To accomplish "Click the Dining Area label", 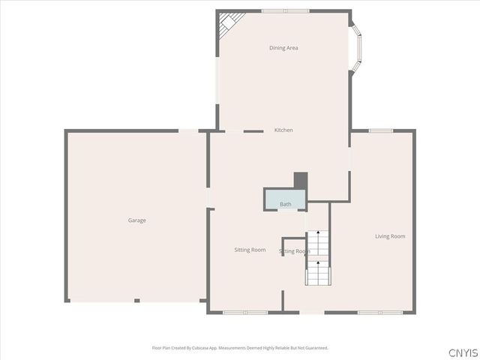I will click(x=283, y=48).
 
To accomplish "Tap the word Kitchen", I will click(x=283, y=130).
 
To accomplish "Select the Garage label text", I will click(x=136, y=220).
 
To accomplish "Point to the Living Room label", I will click(x=390, y=236).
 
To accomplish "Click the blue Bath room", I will click(x=285, y=200).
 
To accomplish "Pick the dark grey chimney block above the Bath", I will click(x=300, y=181).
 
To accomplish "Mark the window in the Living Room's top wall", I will click(x=380, y=130).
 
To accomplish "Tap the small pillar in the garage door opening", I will click(x=136, y=301).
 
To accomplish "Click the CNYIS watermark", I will click(x=463, y=352).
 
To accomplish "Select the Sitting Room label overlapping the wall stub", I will click(x=295, y=251).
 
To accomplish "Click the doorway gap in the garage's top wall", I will click(x=188, y=130).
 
